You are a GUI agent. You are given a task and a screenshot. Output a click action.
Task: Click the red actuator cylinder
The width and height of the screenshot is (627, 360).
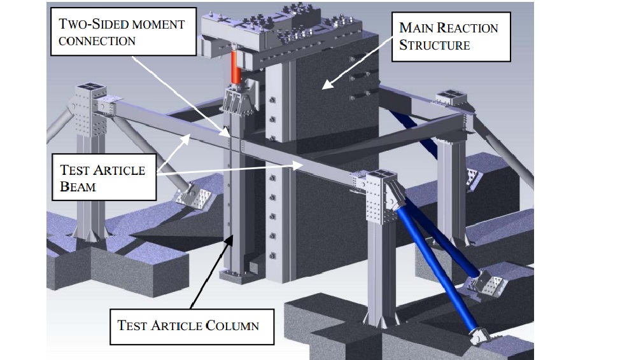[235, 67]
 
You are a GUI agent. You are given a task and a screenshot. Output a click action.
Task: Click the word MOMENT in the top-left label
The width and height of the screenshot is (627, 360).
[159, 25]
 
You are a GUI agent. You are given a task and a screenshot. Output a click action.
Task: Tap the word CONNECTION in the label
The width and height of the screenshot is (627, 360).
[97, 41]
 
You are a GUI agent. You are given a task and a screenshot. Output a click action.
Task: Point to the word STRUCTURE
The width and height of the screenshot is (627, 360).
[435, 45]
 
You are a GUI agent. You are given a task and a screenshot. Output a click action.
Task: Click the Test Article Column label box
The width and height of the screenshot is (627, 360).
[189, 325]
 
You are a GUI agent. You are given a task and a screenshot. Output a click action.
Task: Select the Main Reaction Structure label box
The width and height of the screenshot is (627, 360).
[450, 36]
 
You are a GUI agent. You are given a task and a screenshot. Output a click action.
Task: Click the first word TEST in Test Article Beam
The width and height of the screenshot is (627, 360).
[74, 170]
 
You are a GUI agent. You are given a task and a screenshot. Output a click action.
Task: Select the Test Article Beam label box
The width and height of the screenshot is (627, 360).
[104, 178]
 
